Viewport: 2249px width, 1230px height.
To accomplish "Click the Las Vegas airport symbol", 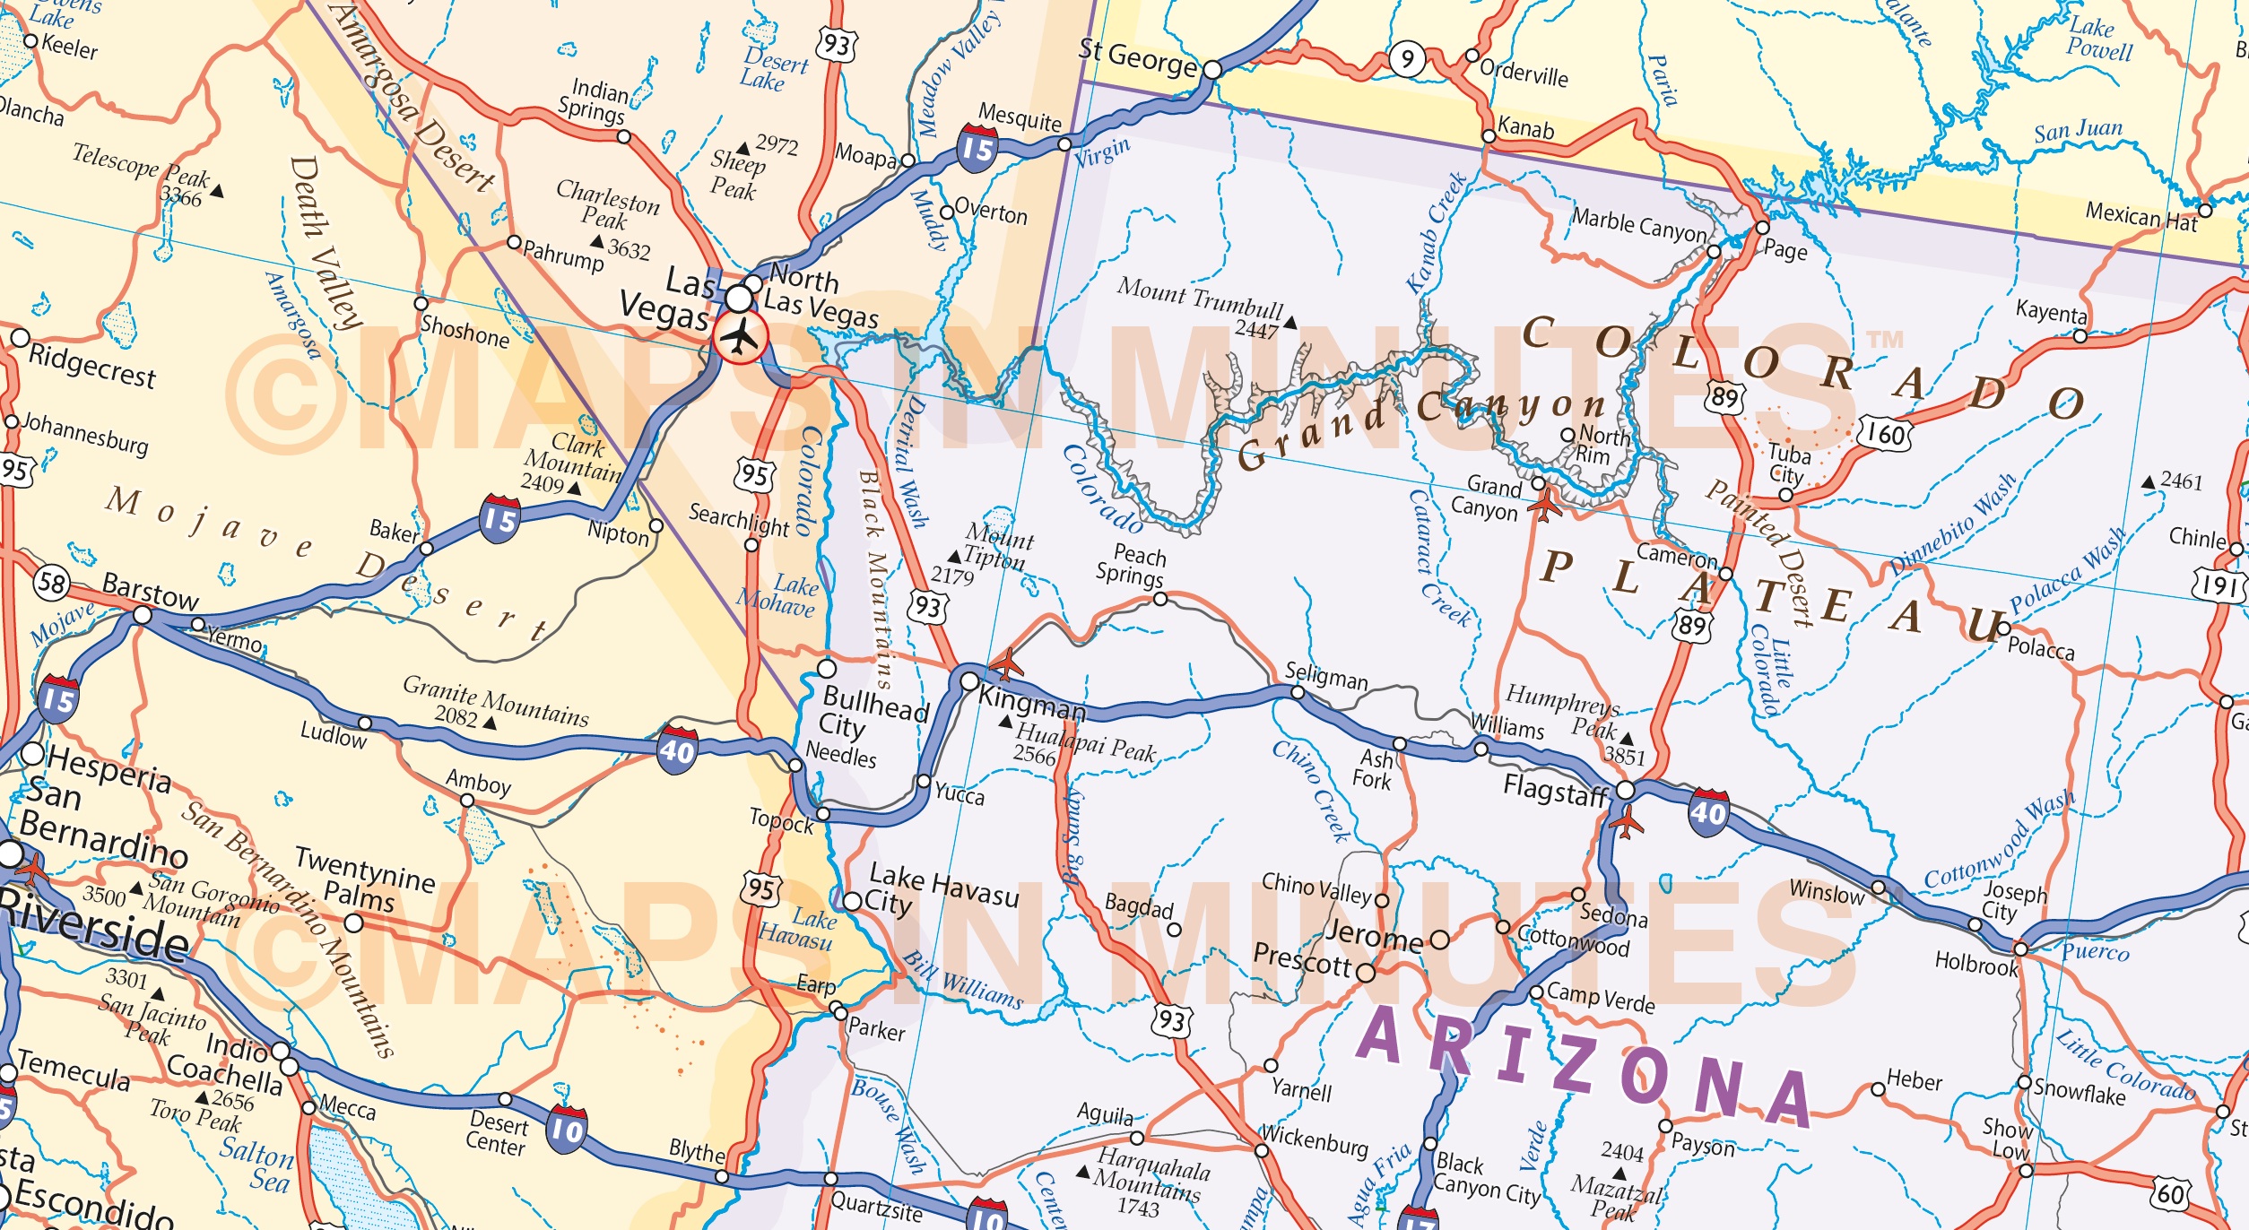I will (740, 338).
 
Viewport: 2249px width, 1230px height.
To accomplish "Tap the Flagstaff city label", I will (1555, 790).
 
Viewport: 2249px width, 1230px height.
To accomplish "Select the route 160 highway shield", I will (1885, 435).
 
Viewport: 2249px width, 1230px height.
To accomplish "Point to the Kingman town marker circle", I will (969, 681).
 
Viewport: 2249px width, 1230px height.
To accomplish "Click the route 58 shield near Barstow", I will (52, 584).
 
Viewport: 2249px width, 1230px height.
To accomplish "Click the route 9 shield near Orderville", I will (1407, 59).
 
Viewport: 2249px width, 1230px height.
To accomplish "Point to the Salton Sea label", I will (258, 1164).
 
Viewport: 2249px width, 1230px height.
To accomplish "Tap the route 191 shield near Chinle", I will (2218, 586).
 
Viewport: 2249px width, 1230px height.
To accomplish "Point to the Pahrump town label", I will (563, 255).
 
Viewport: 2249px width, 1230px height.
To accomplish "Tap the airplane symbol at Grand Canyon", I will (1544, 505).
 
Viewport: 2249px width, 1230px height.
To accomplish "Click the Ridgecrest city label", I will (91, 366).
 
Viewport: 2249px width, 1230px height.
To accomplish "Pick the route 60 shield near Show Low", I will (2170, 1193).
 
